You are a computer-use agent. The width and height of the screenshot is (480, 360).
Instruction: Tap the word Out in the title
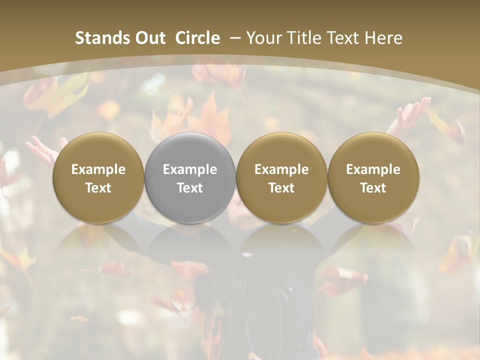pyautogui.click(x=148, y=38)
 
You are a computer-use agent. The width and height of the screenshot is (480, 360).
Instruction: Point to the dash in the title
pyautogui.click(x=233, y=38)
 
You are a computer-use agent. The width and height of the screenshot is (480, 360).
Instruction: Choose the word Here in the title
pyautogui.click(x=384, y=38)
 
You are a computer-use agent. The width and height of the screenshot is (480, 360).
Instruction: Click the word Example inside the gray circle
pyautogui.click(x=190, y=169)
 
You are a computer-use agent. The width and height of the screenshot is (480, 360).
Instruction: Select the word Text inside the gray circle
pyautogui.click(x=190, y=188)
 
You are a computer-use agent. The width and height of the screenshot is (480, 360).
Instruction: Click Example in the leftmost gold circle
pyautogui.click(x=98, y=169)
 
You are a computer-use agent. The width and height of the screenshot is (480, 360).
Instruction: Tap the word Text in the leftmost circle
pyautogui.click(x=98, y=188)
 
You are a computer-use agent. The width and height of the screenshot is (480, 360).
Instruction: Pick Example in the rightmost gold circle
pyautogui.click(x=373, y=169)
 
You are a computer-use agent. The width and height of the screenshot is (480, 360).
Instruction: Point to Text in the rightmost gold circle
pyautogui.click(x=373, y=188)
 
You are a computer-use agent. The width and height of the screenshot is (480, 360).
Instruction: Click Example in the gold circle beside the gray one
pyautogui.click(x=281, y=169)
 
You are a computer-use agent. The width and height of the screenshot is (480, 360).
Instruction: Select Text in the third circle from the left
pyautogui.click(x=281, y=188)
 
